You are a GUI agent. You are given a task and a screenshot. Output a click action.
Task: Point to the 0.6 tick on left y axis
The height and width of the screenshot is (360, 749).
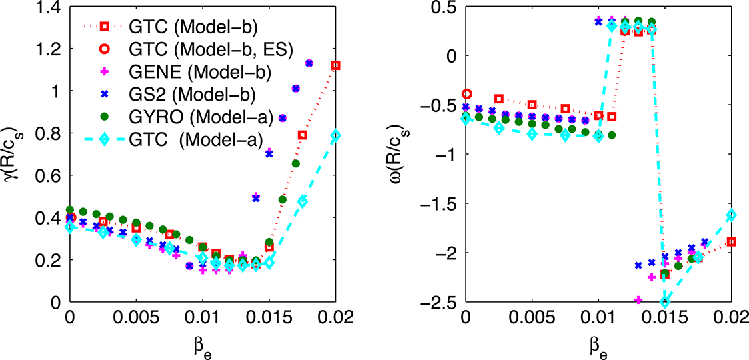(47, 175)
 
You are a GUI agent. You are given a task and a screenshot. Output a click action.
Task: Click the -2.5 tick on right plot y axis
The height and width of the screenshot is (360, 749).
(442, 302)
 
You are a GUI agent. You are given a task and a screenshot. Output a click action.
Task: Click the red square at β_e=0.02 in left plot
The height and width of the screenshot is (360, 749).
(335, 65)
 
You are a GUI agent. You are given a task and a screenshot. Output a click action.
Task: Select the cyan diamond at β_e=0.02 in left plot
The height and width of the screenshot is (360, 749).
(335, 135)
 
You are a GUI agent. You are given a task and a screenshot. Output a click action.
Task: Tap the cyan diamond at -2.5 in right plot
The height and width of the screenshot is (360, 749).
(664, 302)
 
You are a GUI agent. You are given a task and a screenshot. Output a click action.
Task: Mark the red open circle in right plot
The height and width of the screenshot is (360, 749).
(467, 94)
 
